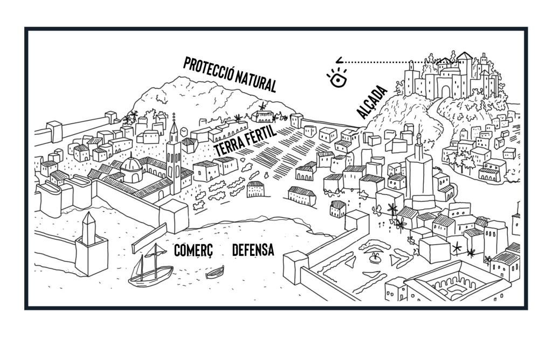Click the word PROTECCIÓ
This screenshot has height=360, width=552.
pos(208,70)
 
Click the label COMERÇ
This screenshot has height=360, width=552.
pos(194,250)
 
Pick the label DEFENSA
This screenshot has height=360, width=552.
pos(253,250)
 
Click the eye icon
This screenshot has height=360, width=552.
pos(337,79)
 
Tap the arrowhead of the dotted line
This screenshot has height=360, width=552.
pos(337,61)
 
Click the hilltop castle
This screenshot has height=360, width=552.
pos(453,75)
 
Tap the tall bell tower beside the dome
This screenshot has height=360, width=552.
pos(174,156)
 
